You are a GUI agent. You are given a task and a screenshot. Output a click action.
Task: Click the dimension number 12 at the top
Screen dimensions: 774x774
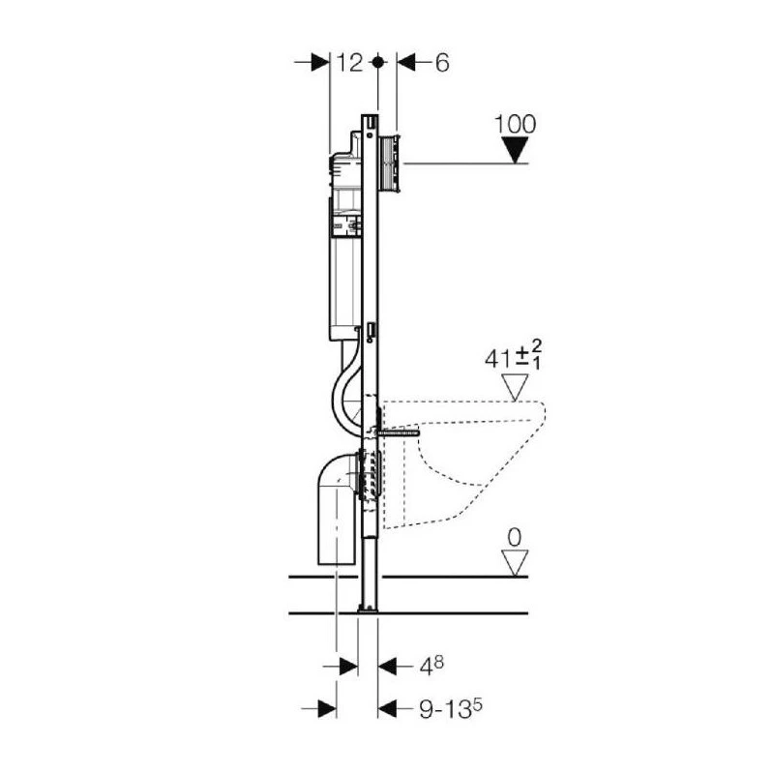(349, 63)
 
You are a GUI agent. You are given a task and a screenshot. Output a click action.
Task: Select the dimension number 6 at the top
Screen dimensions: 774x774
(442, 63)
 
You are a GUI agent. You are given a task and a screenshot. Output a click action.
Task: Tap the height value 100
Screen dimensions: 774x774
(515, 124)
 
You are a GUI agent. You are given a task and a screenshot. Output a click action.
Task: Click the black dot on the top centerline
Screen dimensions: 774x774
(378, 63)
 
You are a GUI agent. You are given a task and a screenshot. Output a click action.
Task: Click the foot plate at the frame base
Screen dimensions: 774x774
(369, 609)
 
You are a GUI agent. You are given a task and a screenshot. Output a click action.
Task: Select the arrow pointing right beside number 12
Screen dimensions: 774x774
(317, 63)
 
